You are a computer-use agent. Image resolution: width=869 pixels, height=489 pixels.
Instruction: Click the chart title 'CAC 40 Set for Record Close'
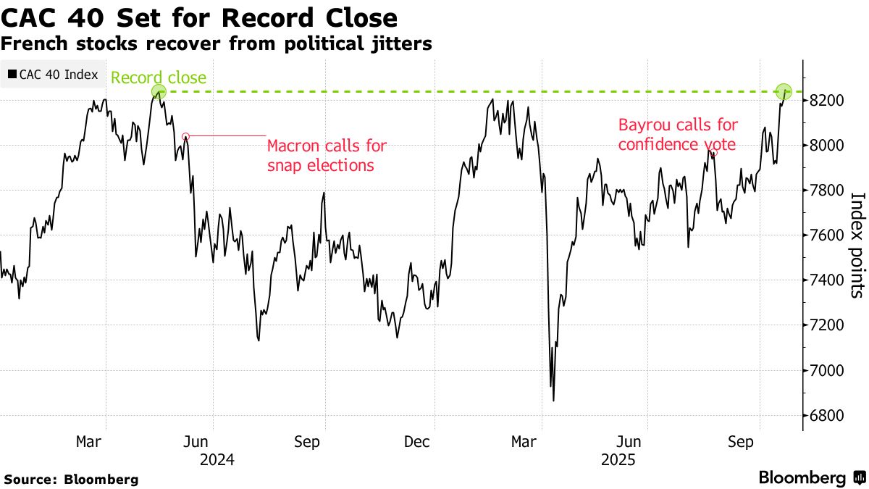tap(199, 17)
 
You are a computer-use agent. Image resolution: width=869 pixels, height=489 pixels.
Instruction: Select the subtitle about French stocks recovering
tap(217, 44)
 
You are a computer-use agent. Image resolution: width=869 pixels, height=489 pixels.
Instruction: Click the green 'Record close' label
tap(159, 78)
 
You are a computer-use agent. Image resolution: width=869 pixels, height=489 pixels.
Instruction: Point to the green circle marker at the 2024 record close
tap(159, 92)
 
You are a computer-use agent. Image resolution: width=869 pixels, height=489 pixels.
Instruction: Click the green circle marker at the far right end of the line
tap(784, 92)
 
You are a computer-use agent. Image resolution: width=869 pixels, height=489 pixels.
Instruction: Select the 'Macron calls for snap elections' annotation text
tap(327, 155)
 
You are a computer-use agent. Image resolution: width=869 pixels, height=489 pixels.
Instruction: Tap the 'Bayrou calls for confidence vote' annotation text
tap(677, 135)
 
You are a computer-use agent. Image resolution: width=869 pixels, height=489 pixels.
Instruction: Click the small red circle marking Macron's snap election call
tap(185, 136)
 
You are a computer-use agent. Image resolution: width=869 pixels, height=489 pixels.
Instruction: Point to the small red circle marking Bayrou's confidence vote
tap(714, 153)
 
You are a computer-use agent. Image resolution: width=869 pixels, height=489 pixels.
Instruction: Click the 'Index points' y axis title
tap(856, 245)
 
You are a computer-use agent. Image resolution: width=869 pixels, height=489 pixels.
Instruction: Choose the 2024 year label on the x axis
tap(217, 459)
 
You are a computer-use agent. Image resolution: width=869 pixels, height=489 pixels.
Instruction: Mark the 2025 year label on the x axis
tap(618, 459)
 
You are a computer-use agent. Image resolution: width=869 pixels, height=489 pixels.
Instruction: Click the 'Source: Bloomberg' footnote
tap(71, 479)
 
